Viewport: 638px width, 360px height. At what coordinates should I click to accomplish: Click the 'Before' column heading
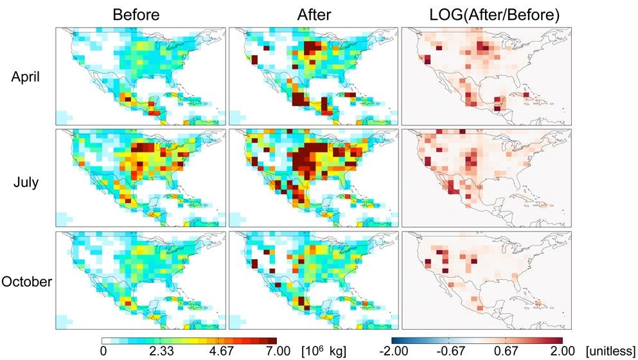point(136,14)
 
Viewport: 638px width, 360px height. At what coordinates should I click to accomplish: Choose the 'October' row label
point(26,281)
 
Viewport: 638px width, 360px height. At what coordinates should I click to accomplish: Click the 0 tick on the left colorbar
point(103,351)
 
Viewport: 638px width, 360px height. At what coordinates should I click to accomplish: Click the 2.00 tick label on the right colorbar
point(562,351)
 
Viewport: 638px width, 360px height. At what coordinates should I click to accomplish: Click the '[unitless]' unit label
point(609,351)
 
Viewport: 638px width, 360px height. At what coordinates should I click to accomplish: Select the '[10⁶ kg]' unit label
point(324,351)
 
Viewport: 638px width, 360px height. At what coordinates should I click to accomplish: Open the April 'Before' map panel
point(141,76)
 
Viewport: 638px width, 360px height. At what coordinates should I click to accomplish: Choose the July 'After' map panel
point(314,177)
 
